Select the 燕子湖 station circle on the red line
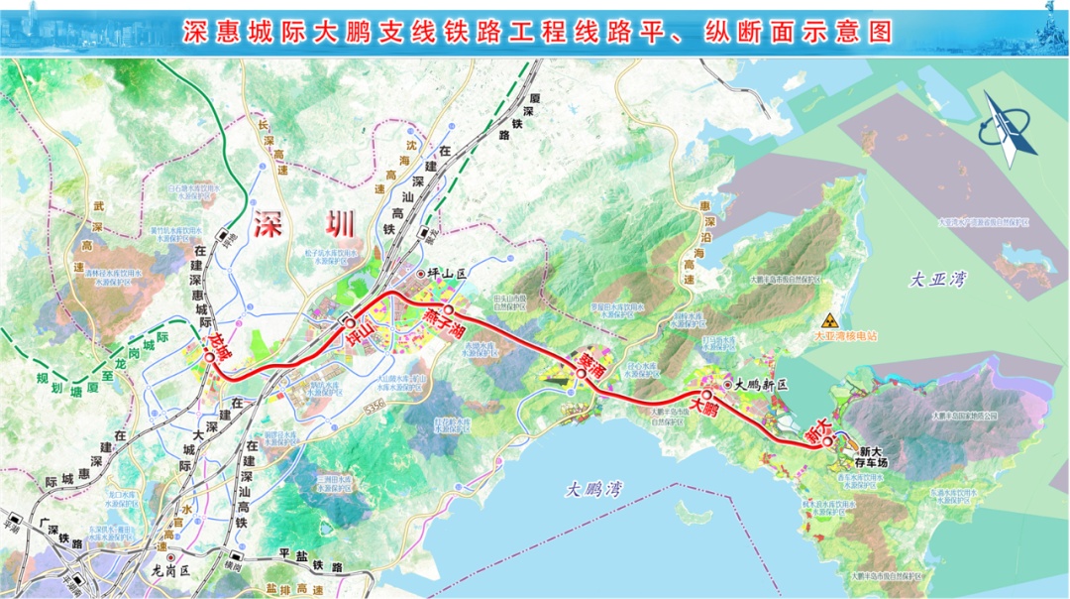tap(449, 309)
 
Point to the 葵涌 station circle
tap(581, 374)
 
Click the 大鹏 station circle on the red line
tap(707, 395)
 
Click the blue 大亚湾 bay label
tap(936, 281)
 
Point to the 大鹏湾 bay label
tap(592, 489)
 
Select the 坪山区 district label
tap(446, 273)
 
